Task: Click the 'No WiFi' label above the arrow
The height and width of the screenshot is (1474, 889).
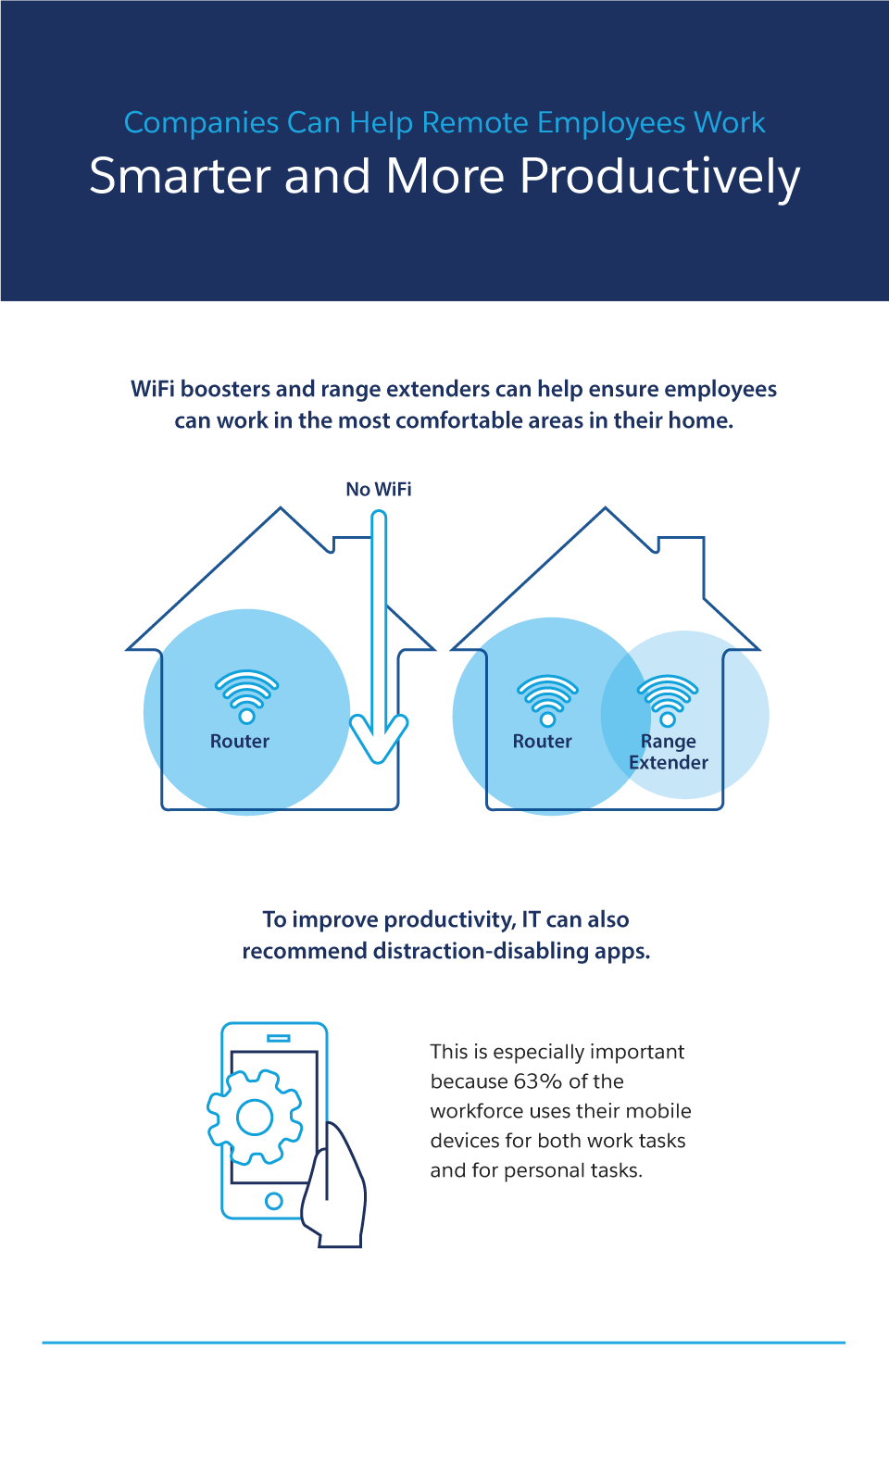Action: [x=379, y=489]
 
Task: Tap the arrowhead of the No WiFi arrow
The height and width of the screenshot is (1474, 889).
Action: [x=379, y=741]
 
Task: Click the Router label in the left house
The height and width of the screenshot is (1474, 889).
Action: [x=240, y=742]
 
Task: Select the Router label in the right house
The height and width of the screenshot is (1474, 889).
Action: [x=543, y=742]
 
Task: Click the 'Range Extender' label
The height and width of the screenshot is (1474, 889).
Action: [x=669, y=752]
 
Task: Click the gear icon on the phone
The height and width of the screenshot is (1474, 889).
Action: [x=255, y=1117]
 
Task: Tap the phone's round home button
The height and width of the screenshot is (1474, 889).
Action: [x=273, y=1201]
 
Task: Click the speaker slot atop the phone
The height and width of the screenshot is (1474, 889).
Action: [x=278, y=1038]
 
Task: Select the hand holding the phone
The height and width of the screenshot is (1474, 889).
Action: [x=337, y=1190]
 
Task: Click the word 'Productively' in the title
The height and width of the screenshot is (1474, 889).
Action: [x=659, y=177]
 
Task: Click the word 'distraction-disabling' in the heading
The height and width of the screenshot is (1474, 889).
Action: [x=469, y=951]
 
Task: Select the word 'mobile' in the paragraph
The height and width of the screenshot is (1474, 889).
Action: [x=659, y=1111]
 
